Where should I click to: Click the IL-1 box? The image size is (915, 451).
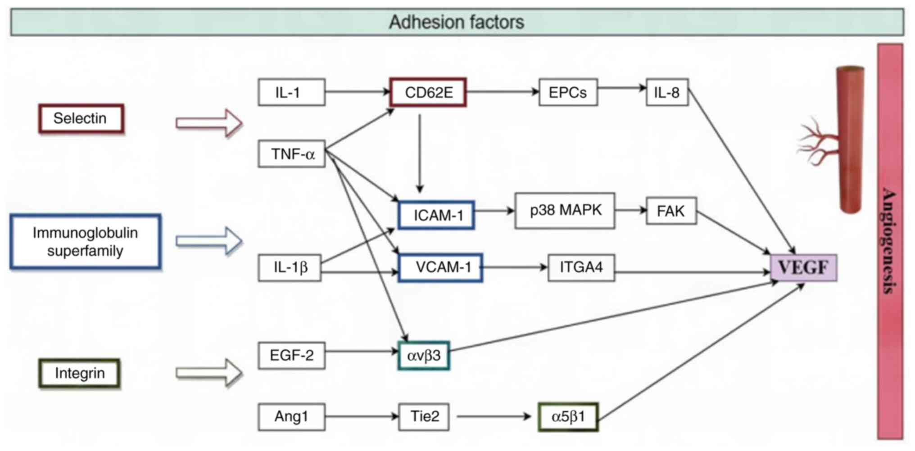[291, 92]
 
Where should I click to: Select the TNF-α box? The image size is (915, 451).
[291, 154]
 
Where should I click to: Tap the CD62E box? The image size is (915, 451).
[428, 92]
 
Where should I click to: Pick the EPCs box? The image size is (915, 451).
[568, 92]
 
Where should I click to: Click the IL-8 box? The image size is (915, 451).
[667, 92]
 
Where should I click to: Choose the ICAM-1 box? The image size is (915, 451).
[436, 215]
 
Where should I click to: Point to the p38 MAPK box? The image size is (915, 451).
[565, 211]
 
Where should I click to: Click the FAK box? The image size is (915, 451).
[671, 211]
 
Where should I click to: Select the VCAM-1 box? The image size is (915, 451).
[440, 268]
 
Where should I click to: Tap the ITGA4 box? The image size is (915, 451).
[581, 268]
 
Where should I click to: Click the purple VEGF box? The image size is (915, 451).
[804, 268]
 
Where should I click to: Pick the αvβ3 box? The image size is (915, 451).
[424, 356]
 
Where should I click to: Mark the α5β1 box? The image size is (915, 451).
[568, 417]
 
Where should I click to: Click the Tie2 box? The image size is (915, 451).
[424, 417]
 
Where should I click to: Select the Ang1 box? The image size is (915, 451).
[291, 417]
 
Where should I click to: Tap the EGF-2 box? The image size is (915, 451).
[291, 356]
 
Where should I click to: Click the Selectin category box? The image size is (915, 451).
[81, 119]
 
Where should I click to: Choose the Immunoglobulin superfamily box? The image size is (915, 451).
[86, 242]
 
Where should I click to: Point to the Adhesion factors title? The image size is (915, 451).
[457, 22]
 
